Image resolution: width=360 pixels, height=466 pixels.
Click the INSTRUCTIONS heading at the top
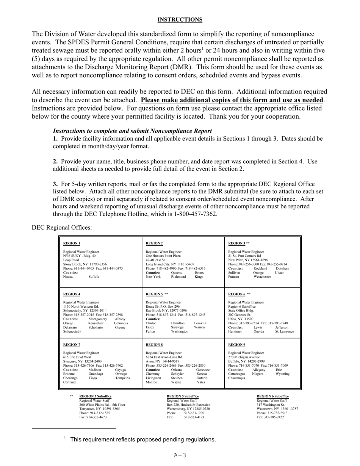click(180, 20)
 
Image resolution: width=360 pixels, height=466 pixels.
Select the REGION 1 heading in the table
click(72, 243)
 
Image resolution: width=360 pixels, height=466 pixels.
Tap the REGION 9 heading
click(237, 345)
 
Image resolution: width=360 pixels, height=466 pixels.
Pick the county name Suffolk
click(94, 277)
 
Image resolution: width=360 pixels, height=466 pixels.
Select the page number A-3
click(180, 455)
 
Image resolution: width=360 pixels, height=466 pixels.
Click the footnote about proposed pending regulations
click(143, 439)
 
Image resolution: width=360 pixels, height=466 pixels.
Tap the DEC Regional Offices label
click(62, 227)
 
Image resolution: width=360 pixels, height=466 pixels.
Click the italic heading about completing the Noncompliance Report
click(132, 131)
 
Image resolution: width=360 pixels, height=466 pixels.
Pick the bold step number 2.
click(55, 161)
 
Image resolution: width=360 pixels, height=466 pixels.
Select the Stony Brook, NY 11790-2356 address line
click(85, 264)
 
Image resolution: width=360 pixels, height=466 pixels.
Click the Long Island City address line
click(170, 264)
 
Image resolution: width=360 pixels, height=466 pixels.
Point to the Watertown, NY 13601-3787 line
click(277, 409)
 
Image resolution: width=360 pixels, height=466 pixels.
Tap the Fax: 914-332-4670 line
click(93, 417)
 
